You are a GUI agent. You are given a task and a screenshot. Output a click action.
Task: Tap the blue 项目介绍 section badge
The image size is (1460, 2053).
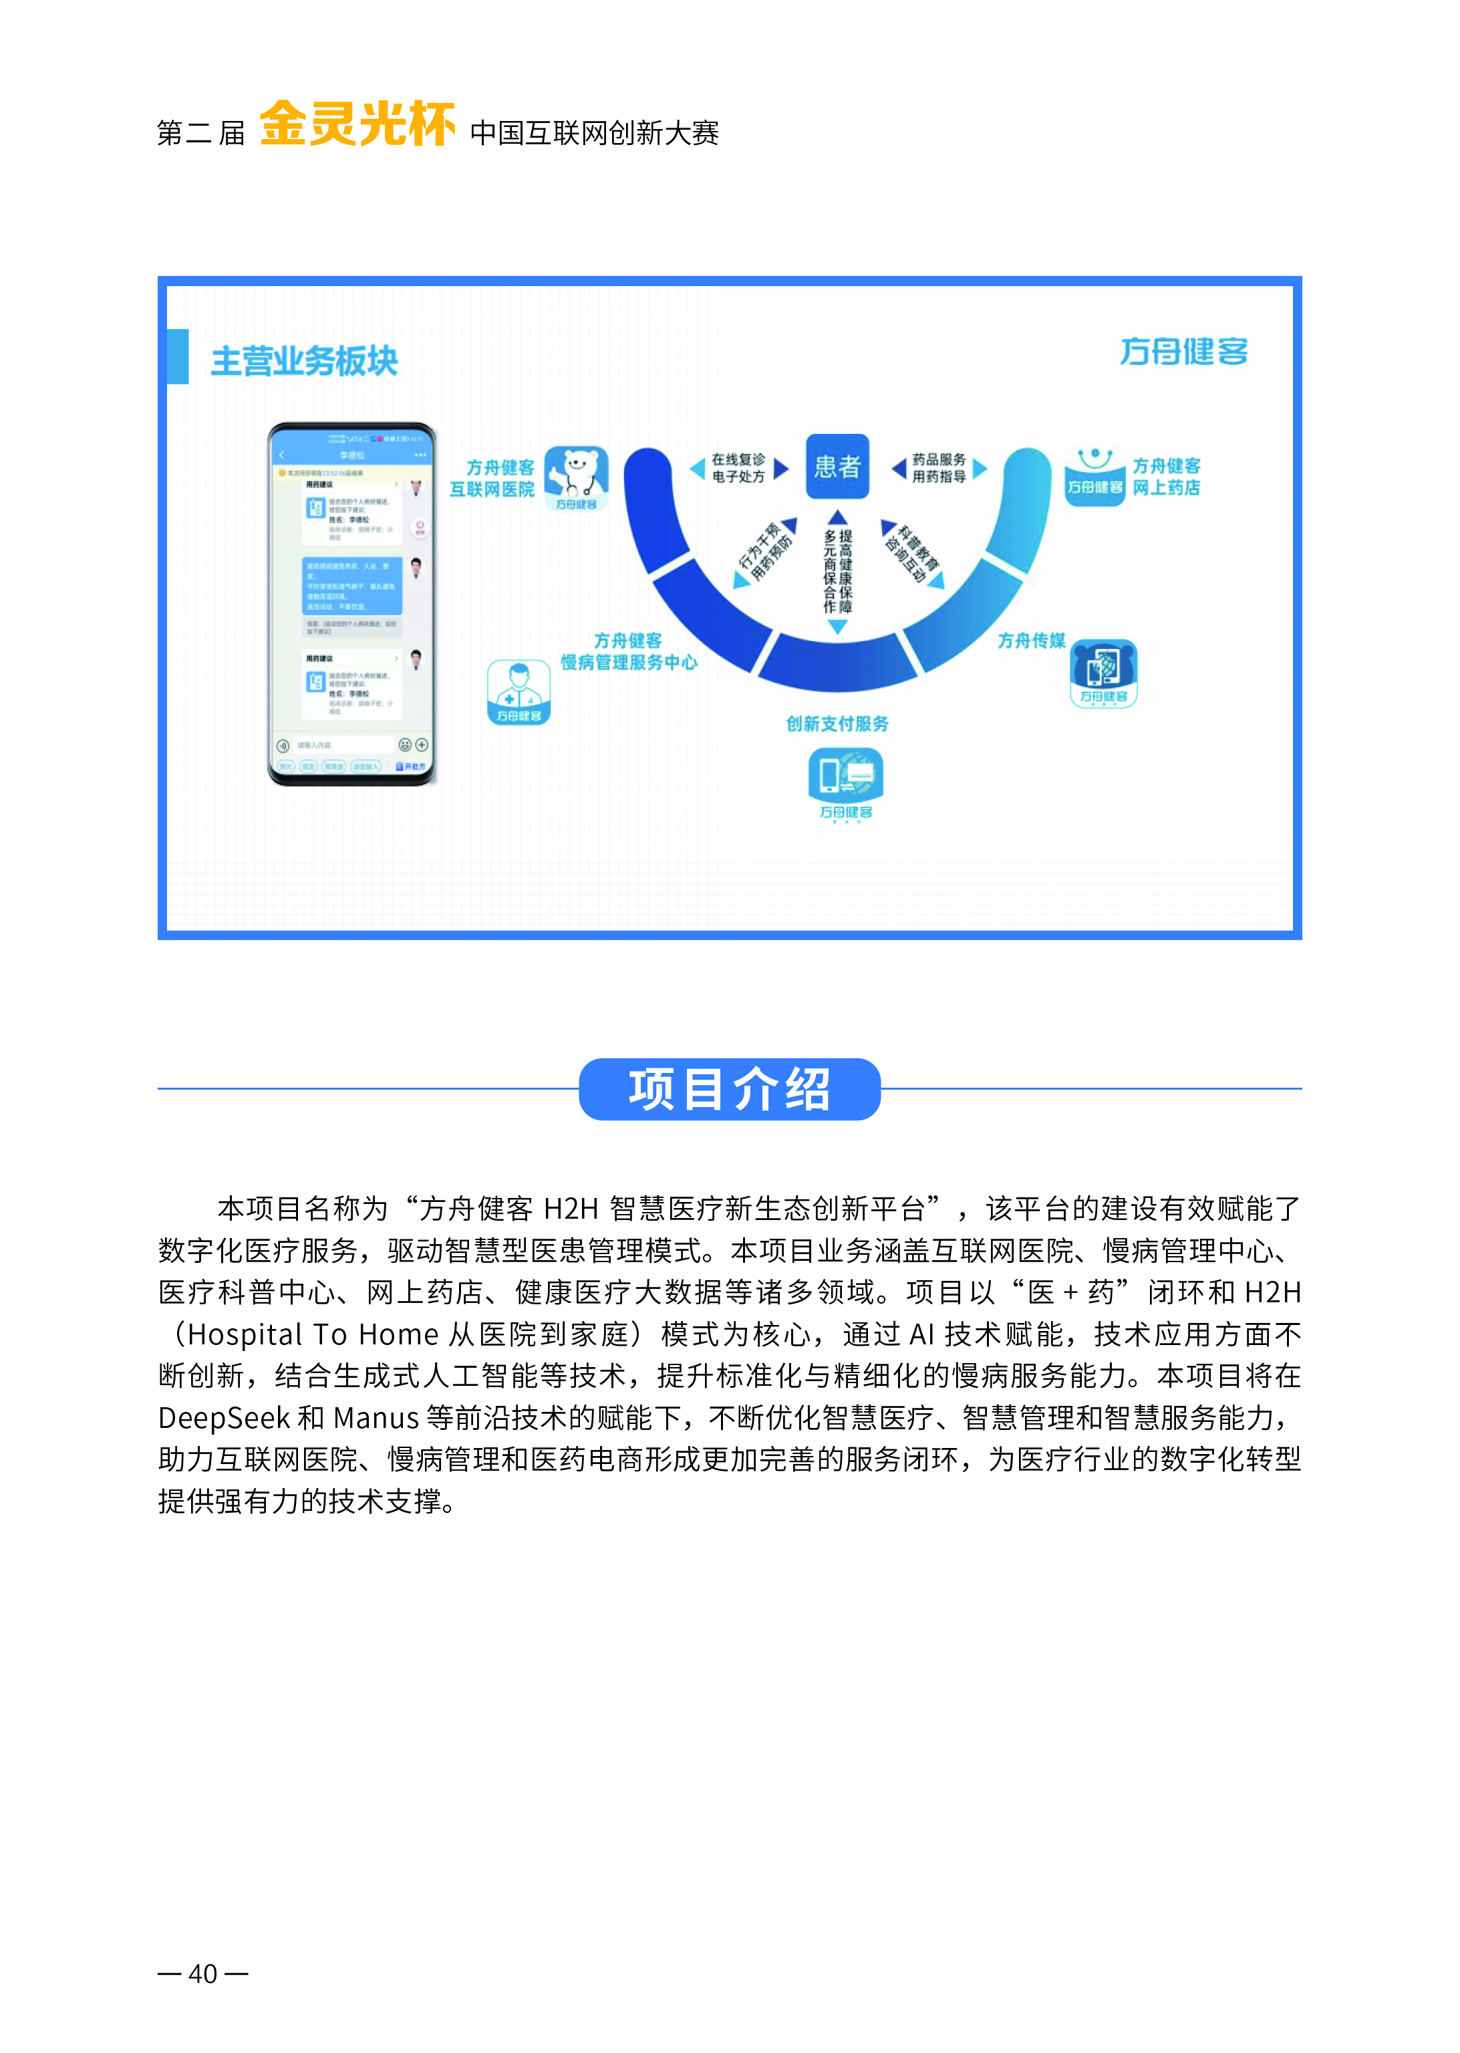click(x=729, y=1089)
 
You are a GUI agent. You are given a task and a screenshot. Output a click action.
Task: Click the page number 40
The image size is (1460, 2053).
click(x=202, y=1973)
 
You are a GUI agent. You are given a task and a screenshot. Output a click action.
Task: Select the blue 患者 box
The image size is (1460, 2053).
click(x=837, y=466)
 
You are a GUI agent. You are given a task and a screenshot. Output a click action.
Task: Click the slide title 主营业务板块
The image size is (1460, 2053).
click(x=304, y=360)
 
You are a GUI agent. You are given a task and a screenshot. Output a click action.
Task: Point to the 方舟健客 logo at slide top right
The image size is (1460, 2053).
click(x=1183, y=351)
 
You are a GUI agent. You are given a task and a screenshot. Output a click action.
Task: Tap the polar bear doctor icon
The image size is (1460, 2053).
click(x=576, y=477)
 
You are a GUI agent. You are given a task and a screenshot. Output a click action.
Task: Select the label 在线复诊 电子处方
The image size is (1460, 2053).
click(x=738, y=467)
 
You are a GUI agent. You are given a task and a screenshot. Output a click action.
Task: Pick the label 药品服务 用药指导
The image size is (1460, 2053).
click(x=939, y=467)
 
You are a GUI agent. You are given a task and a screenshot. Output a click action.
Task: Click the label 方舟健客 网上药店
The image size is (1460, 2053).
click(x=1166, y=477)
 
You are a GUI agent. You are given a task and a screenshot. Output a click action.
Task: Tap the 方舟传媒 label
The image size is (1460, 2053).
click(x=1031, y=640)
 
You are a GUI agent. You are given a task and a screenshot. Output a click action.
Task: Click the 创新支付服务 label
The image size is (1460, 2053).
click(x=837, y=724)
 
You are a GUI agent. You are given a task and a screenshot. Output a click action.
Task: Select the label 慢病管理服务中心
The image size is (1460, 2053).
click(x=628, y=662)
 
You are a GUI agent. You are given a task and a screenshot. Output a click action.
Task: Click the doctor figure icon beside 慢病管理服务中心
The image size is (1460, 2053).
click(x=519, y=691)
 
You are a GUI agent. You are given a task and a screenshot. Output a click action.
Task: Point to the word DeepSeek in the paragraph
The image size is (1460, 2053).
click(x=224, y=1418)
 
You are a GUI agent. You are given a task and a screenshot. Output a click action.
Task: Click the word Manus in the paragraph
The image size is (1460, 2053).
click(x=376, y=1418)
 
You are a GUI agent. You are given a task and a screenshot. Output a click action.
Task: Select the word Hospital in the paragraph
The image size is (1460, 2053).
click(x=245, y=1334)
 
